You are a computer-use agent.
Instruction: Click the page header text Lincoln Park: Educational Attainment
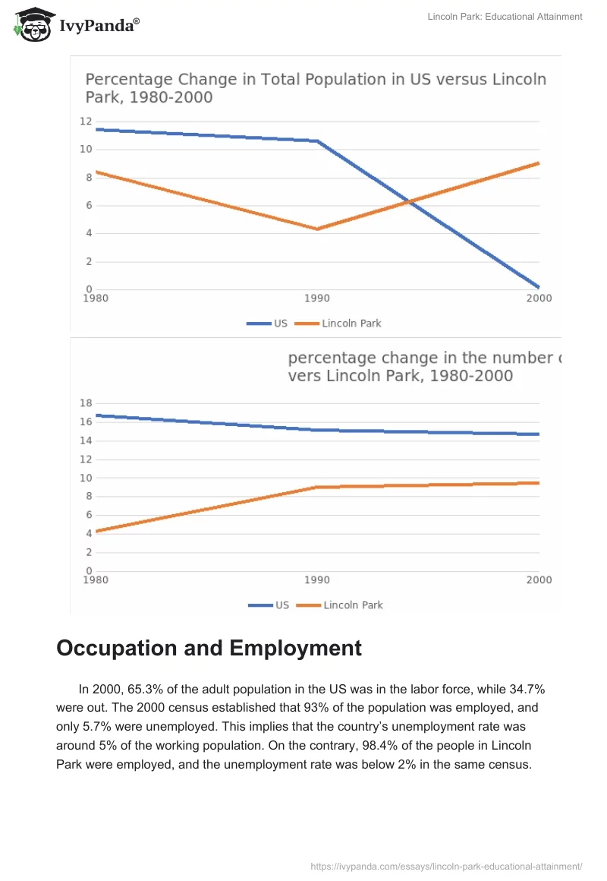(505, 17)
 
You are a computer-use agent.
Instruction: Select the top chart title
(315, 88)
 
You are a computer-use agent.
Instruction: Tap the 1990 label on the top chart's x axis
(317, 298)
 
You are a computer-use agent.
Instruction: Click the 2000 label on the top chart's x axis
(539, 298)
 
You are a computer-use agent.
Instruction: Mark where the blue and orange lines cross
(409, 202)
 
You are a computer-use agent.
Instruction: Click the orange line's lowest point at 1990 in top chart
(317, 229)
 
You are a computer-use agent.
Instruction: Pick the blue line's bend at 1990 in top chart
(317, 141)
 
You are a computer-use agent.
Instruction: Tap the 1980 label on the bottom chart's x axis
(96, 580)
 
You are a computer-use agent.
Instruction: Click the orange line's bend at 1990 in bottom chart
(317, 487)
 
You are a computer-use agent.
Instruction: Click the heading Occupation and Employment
(209, 648)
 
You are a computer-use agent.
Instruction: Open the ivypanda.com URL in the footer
(446, 866)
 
